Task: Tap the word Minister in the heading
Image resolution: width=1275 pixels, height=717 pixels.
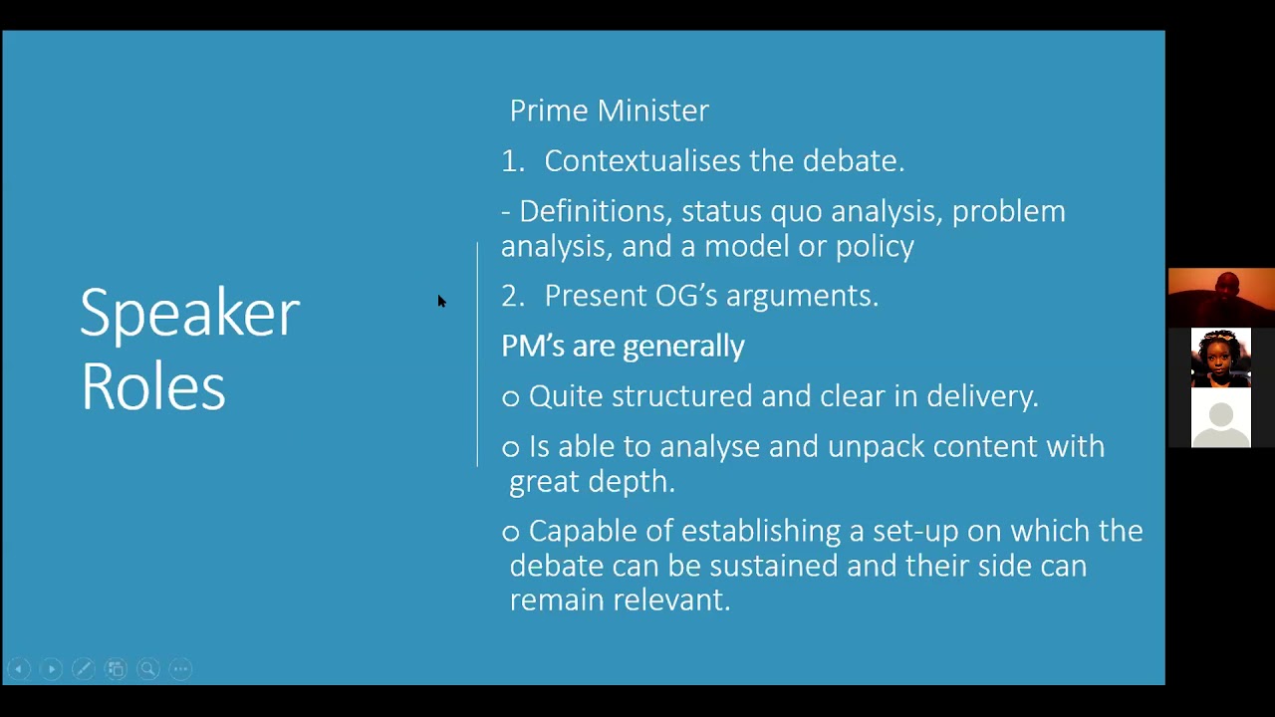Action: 652,111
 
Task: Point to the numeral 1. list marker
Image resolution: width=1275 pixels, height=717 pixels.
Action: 513,161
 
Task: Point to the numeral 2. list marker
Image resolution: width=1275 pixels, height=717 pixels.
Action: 513,297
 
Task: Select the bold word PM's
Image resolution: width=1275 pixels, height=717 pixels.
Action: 533,346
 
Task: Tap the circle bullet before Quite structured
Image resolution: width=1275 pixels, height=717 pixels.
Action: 511,397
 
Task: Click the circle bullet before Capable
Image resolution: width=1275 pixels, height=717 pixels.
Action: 511,533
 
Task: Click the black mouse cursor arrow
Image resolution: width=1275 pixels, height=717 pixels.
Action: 441,301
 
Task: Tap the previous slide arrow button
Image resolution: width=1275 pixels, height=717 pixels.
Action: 19,669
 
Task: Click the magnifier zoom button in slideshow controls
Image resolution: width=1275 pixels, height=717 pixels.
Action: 148,669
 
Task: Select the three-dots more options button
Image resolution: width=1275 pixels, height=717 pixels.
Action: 181,669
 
